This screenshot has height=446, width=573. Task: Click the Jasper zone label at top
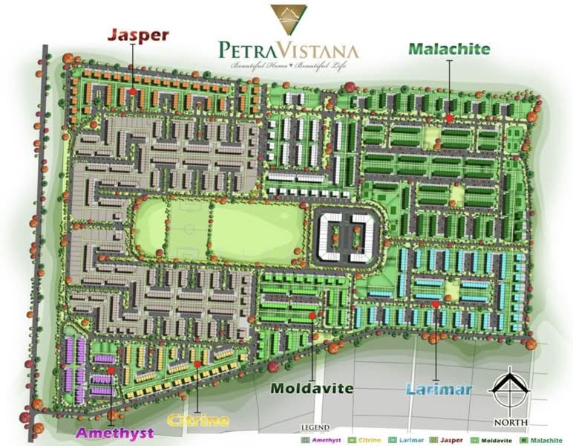139,34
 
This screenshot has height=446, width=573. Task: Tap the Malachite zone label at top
449,49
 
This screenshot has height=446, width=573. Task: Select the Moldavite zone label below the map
312,388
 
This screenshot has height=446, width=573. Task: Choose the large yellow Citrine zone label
197,421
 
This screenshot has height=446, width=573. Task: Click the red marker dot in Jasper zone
133,92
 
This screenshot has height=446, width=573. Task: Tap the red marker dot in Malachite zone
449,117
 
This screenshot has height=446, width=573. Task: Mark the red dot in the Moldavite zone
312,316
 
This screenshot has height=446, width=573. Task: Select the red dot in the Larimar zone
436,305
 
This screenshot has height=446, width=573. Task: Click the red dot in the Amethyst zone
111,369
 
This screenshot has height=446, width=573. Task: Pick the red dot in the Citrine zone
197,363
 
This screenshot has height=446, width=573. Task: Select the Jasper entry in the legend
449,439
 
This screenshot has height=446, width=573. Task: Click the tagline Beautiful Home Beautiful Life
289,67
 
